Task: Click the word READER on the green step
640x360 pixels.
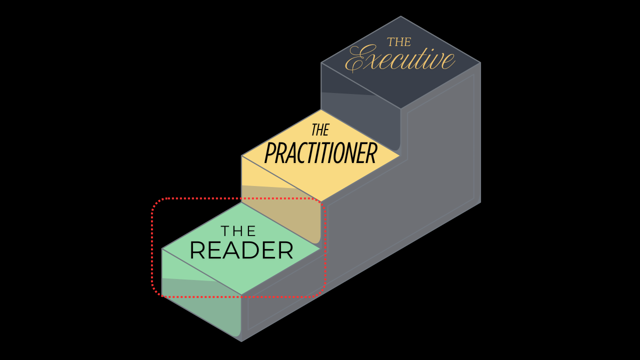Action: [x=241, y=250]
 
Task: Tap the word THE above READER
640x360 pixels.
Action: [x=238, y=231]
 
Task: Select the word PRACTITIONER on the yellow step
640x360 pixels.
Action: [x=320, y=153]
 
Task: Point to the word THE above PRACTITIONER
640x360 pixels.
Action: [x=320, y=130]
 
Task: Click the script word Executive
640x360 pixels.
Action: [x=400, y=59]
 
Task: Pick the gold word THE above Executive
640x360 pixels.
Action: [x=399, y=42]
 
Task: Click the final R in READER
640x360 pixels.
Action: [x=285, y=250]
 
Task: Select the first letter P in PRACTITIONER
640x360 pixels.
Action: [x=270, y=153]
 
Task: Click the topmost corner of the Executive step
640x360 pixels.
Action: [x=400, y=16]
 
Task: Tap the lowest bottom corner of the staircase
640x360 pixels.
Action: [x=241, y=341]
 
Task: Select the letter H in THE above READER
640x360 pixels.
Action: [x=238, y=231]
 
